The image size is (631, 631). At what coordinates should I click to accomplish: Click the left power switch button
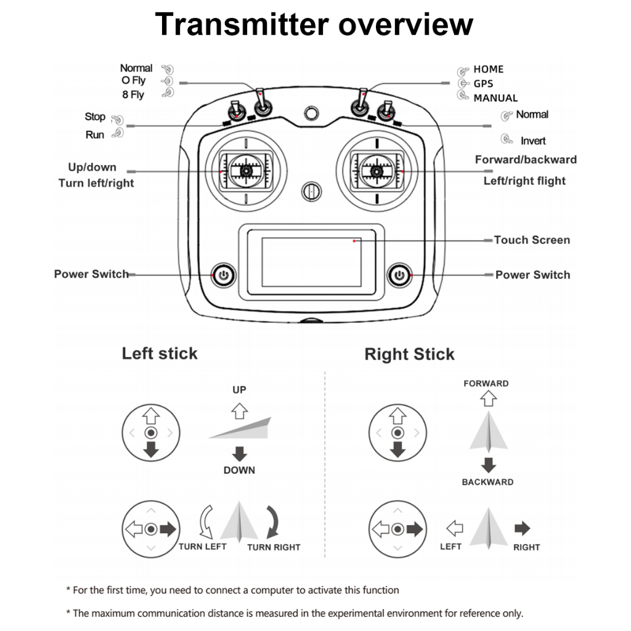223,274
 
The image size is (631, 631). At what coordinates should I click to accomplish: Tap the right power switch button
400,274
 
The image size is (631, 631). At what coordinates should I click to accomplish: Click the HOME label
488,69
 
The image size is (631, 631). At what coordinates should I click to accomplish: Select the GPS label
483,84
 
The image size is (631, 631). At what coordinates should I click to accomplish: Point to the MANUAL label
495,98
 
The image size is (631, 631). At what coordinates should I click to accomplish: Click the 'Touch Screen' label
532,240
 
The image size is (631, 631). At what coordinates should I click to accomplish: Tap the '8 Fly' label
132,94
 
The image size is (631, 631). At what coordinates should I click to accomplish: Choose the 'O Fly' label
134,81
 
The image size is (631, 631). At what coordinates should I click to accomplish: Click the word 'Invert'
533,140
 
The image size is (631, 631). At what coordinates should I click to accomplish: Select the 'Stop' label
95,116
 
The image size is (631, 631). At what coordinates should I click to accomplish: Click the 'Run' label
95,134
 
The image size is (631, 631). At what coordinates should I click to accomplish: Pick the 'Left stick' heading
160,353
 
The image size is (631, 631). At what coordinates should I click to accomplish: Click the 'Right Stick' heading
409,354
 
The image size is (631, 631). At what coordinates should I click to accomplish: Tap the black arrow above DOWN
239,455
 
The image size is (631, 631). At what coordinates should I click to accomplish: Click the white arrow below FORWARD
488,398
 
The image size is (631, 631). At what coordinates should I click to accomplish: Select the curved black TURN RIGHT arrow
272,521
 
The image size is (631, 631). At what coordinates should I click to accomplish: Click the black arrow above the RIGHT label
522,528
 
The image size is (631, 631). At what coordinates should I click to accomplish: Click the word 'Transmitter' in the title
243,25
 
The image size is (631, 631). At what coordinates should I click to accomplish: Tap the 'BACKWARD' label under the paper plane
487,482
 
